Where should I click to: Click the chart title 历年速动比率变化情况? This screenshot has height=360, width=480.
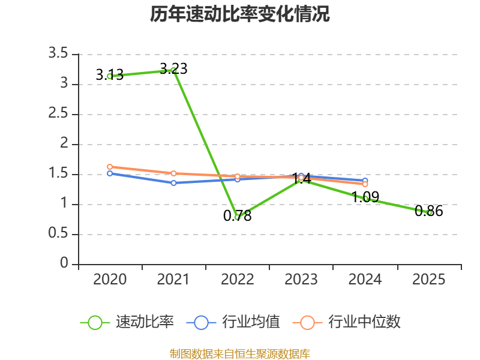click(239, 14)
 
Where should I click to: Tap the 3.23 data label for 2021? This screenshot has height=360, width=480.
click(173, 68)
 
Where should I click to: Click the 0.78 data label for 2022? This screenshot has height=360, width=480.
click(237, 215)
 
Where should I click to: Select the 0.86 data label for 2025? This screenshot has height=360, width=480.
click(428, 211)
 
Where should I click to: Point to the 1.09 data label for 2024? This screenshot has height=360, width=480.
click(365, 197)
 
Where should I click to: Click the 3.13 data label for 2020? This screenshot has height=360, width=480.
click(110, 74)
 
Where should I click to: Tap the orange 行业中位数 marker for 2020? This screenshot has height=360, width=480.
click(110, 167)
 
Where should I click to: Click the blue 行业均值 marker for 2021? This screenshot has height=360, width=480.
click(173, 183)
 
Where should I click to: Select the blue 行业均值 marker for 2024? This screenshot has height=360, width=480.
click(365, 181)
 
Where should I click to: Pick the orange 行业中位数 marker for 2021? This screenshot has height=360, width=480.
click(173, 173)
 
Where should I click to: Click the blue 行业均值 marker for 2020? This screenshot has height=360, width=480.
click(110, 173)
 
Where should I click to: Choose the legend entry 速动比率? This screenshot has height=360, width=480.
click(127, 322)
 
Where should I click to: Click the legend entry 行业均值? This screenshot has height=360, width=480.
click(233, 322)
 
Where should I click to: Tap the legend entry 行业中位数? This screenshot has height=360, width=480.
click(347, 322)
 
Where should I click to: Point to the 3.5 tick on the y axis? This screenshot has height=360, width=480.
click(58, 53)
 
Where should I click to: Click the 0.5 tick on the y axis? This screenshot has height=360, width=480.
click(58, 233)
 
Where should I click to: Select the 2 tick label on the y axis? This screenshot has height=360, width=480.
click(64, 143)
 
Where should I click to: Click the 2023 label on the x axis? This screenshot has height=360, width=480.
click(301, 280)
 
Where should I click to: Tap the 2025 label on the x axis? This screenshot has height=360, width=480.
click(428, 280)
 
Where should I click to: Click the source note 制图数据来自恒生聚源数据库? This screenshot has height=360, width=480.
click(240, 354)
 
